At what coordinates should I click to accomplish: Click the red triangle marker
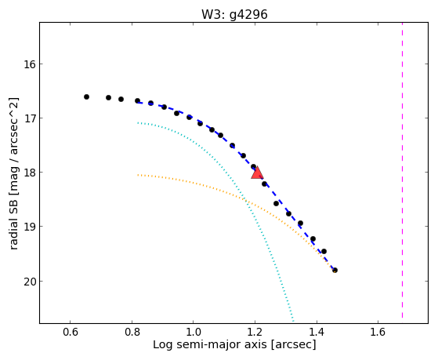pyautogui.click(x=257, y=173)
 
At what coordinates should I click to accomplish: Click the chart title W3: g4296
pyautogui.click(x=234, y=14)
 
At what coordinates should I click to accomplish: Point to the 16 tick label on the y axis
pyautogui.click(x=30, y=64)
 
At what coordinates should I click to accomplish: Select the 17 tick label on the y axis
pyautogui.click(x=30, y=118)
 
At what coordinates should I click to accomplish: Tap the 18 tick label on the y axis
pyautogui.click(x=30, y=173)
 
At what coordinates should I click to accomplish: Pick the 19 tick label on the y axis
pyautogui.click(x=30, y=227)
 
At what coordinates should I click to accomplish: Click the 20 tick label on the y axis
pyautogui.click(x=30, y=281)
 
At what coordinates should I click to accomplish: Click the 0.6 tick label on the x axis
pyautogui.click(x=70, y=332)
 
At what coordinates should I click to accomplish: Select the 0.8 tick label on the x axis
pyautogui.click(x=132, y=332)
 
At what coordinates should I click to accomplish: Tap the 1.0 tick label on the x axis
pyautogui.click(x=194, y=332)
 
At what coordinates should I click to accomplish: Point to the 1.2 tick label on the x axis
pyautogui.click(x=255, y=332)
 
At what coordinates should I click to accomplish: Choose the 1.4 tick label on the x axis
pyautogui.click(x=317, y=332)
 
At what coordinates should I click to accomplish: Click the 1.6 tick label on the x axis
pyautogui.click(x=378, y=332)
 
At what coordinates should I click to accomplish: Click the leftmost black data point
pyautogui.click(x=87, y=96)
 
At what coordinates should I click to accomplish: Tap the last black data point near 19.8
pyautogui.click(x=335, y=271)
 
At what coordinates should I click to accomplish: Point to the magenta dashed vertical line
pyautogui.click(x=402, y=170)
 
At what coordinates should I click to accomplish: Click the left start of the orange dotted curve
pyautogui.click(x=138, y=175)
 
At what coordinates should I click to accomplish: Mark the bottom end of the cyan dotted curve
pyautogui.click(x=293, y=321)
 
